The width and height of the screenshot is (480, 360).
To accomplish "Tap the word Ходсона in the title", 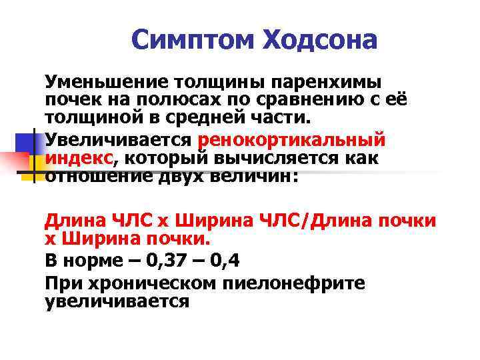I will (321, 41).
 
